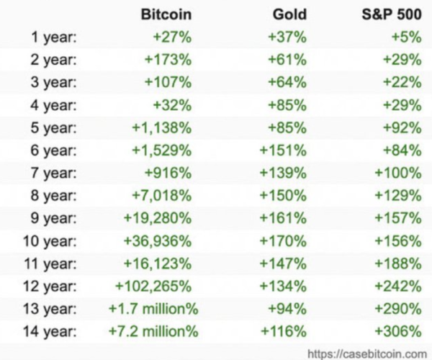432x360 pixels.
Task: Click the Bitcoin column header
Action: [166, 14]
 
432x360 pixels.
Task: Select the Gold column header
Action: [289, 14]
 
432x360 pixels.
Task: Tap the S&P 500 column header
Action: [392, 14]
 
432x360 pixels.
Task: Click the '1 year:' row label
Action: [54, 37]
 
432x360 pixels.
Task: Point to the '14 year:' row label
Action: [50, 331]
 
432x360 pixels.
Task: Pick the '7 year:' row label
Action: [54, 173]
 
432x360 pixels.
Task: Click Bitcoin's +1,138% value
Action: [162, 128]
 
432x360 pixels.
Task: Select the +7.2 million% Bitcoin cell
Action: [153, 331]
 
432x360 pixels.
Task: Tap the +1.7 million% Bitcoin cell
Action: [153, 308]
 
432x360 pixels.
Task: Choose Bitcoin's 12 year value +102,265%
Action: [153, 286]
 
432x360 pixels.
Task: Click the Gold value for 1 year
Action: [287, 37]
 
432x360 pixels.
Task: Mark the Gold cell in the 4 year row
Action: [287, 105]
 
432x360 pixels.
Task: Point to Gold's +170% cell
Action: [283, 241]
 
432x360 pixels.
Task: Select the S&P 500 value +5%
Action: [407, 37]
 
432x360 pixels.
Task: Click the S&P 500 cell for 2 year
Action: [402, 60]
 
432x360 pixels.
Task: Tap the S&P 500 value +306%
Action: [398, 331]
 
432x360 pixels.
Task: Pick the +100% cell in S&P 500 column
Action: [398, 173]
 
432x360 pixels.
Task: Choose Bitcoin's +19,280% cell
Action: [158, 218]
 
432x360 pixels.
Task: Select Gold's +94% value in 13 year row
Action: [287, 308]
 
